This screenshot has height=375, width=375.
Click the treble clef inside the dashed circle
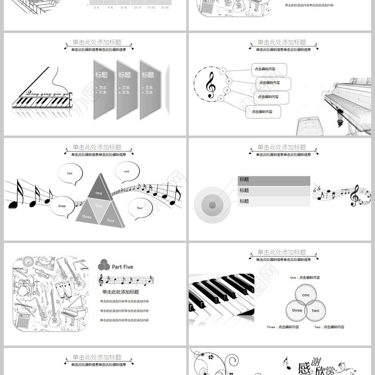[x=210, y=85]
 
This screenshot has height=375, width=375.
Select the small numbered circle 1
[x=223, y=71]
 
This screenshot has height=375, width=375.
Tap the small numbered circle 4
[x=220, y=98]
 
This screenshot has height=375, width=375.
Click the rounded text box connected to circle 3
[x=271, y=97]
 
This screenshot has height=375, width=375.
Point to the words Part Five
[x=122, y=267]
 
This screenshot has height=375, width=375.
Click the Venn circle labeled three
[x=297, y=310]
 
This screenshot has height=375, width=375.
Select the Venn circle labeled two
[x=315, y=310]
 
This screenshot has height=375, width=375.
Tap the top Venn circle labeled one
[x=306, y=295]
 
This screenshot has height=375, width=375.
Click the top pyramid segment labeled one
[x=99, y=190]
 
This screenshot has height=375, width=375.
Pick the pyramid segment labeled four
[x=111, y=219]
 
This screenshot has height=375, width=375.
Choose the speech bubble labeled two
[x=70, y=173]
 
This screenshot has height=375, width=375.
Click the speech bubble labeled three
[x=62, y=206]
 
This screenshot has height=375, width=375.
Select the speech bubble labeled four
[x=139, y=208]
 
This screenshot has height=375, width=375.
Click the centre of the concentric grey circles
[x=212, y=204]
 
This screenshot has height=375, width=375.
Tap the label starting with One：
[x=305, y=277]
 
